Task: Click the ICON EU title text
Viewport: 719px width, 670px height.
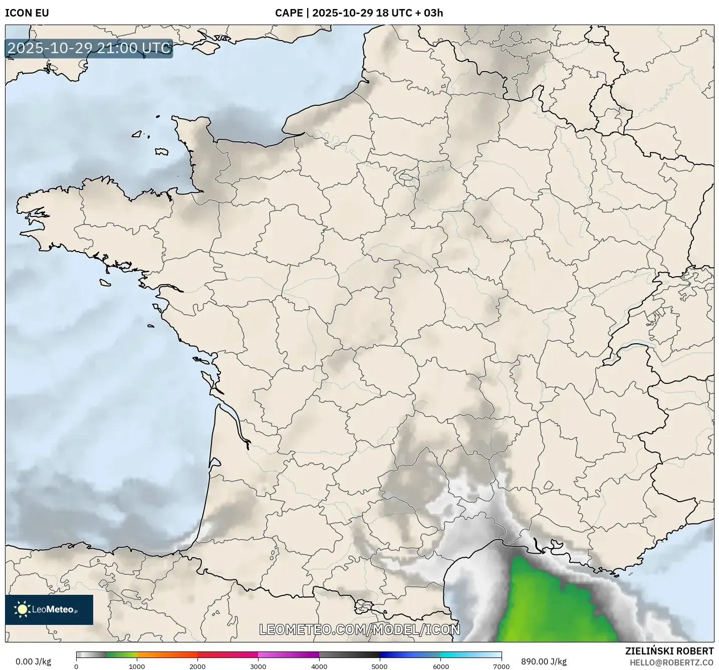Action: (x=27, y=13)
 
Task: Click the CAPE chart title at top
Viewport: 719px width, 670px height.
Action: (x=359, y=13)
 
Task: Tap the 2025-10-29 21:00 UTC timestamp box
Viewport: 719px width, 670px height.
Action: (x=89, y=48)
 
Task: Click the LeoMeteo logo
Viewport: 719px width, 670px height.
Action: (x=49, y=609)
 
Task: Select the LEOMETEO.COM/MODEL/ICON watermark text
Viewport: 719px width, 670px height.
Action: (x=359, y=629)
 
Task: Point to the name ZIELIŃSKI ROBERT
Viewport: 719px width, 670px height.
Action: (x=669, y=651)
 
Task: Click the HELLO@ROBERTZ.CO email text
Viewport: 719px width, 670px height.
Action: (x=671, y=662)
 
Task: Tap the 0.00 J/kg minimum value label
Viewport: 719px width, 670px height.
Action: (x=33, y=661)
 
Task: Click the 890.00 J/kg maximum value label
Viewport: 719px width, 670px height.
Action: (x=544, y=661)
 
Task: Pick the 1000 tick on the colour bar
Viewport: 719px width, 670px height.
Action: (x=137, y=666)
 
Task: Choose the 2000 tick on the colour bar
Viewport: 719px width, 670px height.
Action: (x=197, y=666)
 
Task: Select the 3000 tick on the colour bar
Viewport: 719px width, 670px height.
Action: (x=258, y=666)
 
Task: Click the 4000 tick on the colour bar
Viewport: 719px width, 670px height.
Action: (x=319, y=666)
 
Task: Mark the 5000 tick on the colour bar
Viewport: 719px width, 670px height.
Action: (x=380, y=666)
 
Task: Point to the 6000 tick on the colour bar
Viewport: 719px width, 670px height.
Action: (x=440, y=666)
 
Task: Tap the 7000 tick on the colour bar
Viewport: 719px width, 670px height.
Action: (x=501, y=666)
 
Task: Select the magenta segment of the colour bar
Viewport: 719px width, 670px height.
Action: (x=288, y=654)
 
